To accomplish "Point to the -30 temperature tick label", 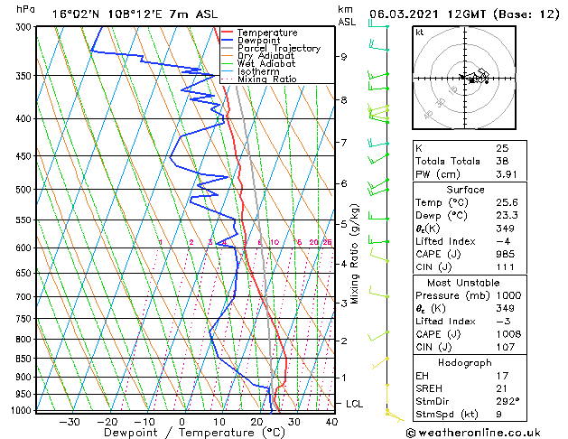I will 70,422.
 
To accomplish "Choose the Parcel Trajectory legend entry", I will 278,49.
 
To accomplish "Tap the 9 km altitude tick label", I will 344,56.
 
